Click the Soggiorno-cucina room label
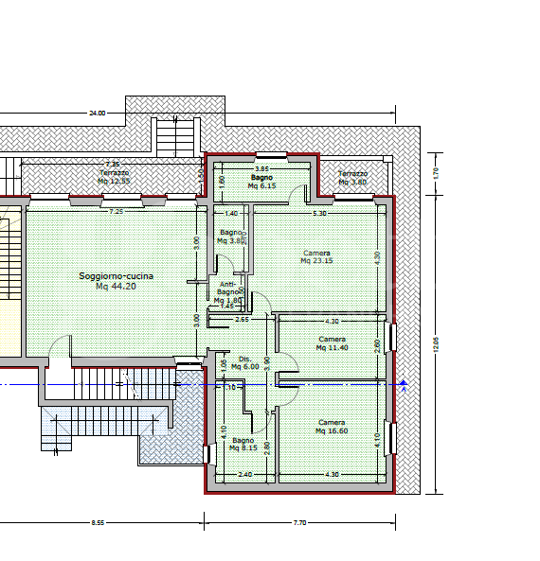(116, 275)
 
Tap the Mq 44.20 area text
(116, 286)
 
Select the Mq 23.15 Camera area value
(317, 261)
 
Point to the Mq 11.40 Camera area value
(332, 347)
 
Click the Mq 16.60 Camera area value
(332, 430)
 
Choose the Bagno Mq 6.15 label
(261, 182)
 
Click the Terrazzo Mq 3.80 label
(352, 178)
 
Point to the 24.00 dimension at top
(97, 113)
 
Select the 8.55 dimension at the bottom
(98, 521)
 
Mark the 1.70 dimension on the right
(438, 173)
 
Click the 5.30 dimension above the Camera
(319, 214)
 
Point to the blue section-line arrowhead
(404, 384)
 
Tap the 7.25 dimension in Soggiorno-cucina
(116, 211)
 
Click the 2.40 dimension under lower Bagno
(243, 474)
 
